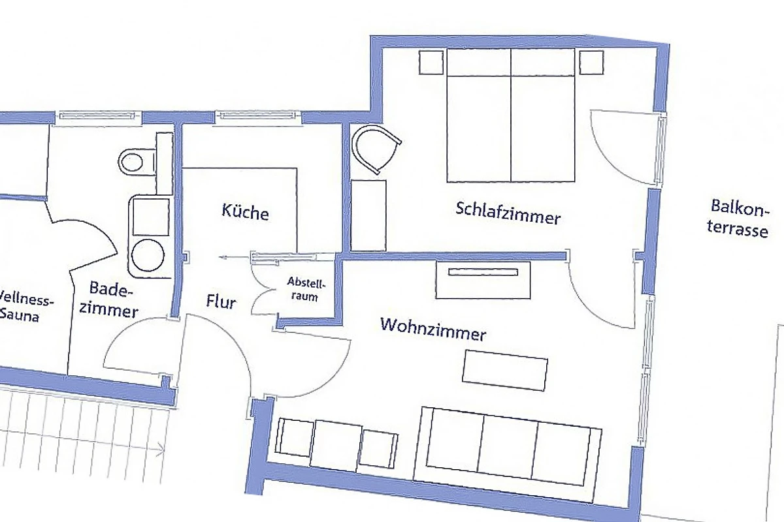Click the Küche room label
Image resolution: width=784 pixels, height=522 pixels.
click(246, 212)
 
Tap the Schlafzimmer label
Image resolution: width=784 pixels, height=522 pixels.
click(508, 213)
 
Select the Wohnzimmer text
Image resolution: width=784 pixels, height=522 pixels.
click(433, 330)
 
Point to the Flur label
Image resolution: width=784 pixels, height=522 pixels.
click(221, 301)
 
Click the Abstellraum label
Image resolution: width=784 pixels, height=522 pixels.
click(306, 289)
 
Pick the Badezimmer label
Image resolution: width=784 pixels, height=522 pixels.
click(108, 300)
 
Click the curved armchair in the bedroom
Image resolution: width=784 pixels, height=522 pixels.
click(376, 148)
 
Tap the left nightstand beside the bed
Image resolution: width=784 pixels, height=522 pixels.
click(431, 62)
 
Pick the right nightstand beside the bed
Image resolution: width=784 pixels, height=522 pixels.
click(591, 63)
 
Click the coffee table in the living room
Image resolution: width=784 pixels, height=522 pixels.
click(504, 370)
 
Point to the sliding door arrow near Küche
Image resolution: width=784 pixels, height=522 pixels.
click(235, 258)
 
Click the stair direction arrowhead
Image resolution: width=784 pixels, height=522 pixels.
click(161, 448)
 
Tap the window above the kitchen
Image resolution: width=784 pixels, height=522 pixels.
click(257, 115)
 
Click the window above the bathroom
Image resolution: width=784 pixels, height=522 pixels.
click(98, 115)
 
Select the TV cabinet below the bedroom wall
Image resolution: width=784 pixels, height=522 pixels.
click(483, 280)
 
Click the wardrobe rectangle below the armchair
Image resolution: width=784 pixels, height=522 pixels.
click(368, 216)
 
